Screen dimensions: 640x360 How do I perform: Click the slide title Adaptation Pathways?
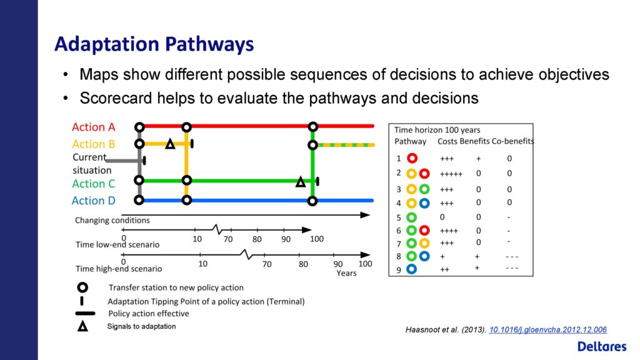click(154, 44)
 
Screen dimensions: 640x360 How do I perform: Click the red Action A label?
click(94, 127)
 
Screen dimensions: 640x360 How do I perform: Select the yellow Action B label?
click(94, 144)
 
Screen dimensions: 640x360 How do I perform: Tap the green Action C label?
click(94, 184)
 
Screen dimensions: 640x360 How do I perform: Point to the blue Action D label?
click(94, 201)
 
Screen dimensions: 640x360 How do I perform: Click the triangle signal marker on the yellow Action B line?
click(170, 144)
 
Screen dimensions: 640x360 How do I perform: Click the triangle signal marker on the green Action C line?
click(301, 182)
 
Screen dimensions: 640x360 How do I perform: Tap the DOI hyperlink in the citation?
click(547, 330)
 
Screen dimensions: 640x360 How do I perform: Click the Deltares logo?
click(602, 346)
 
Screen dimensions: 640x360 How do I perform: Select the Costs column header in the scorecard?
click(447, 141)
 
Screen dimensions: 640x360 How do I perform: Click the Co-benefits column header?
click(512, 141)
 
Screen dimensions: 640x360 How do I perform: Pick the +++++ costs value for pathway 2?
click(451, 174)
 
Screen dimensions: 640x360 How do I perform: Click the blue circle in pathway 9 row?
click(411, 269)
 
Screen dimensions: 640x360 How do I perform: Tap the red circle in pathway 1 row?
click(412, 158)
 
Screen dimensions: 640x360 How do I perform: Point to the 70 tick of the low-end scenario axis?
click(228, 239)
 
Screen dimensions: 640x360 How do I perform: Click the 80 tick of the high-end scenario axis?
click(303, 264)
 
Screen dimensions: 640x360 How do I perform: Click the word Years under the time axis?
click(346, 273)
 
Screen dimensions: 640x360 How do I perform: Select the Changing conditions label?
click(112, 221)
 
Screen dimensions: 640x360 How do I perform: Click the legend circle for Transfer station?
click(82, 287)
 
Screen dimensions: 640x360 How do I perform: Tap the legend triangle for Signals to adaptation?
click(83, 326)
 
